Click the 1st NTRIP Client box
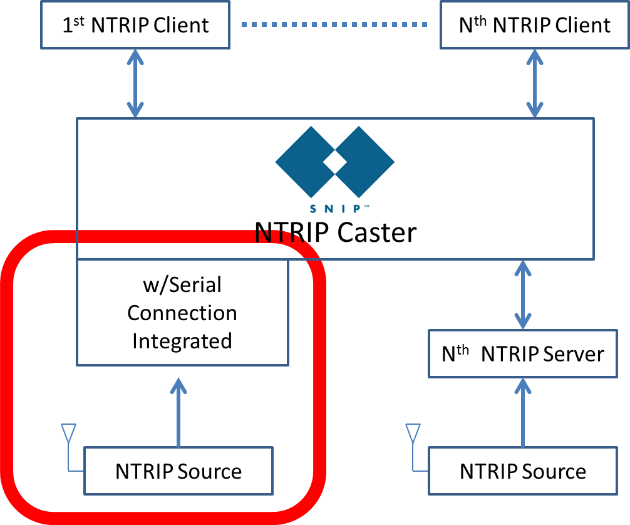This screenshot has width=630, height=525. click(x=135, y=26)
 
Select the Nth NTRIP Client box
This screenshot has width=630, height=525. click(x=534, y=26)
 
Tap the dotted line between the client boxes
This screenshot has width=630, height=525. click(x=334, y=25)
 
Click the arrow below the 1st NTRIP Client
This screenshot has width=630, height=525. click(x=135, y=83)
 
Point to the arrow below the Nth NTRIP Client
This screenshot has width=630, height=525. click(x=534, y=83)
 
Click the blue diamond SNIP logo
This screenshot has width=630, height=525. click(x=335, y=162)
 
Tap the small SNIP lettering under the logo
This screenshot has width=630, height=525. click(x=335, y=209)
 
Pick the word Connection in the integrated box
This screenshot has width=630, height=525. click(x=182, y=313)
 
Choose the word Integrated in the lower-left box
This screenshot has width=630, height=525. click(x=182, y=341)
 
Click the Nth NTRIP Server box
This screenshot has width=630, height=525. click(x=523, y=354)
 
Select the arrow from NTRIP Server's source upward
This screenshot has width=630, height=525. click(x=523, y=412)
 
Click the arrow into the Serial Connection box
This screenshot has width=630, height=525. click(x=179, y=412)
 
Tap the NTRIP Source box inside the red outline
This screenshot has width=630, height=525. click(x=178, y=470)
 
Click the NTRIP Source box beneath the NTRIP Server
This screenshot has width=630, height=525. click(x=523, y=470)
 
